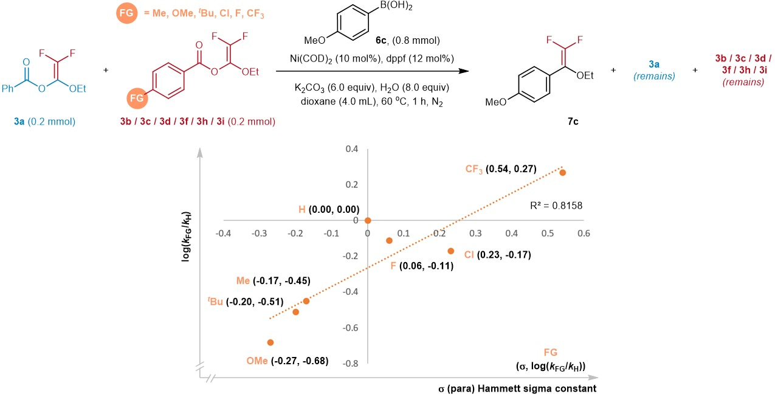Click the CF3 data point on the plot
coord(562,173)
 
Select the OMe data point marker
coord(270,342)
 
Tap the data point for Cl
coord(451,251)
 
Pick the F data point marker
coord(390,241)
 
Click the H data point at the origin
coord(368,220)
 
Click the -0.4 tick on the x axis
coord(224,233)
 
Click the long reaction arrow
coord(373,71)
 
